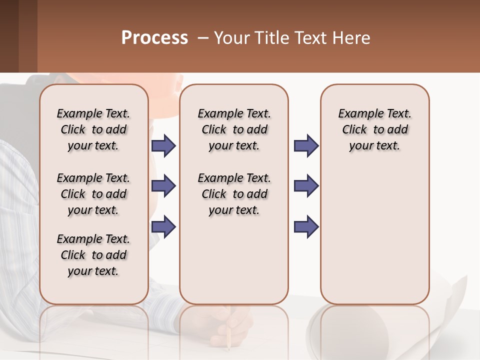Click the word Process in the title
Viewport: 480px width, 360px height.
tap(154, 38)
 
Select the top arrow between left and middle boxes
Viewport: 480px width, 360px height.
tap(163, 145)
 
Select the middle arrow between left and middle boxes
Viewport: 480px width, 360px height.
tap(163, 186)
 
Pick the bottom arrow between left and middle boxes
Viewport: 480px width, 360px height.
tap(163, 226)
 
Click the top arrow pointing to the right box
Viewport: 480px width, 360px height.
tap(306, 145)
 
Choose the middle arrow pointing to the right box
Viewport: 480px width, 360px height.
tap(306, 186)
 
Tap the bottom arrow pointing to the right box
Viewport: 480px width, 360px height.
tap(306, 226)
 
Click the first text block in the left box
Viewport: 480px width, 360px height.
tap(93, 129)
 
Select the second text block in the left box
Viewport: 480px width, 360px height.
tap(93, 194)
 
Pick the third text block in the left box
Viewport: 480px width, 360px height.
tap(93, 255)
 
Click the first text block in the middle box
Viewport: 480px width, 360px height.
tap(234, 129)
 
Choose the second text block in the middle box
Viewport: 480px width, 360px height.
tap(234, 194)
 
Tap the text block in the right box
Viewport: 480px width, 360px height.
tap(374, 129)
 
